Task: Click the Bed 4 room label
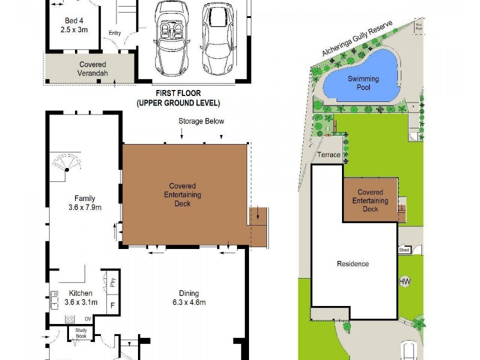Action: [x=74, y=24]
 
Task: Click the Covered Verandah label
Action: [x=92, y=69]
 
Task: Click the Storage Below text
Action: [x=201, y=121]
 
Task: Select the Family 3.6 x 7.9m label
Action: [x=85, y=203]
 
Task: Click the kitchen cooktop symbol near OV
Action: [x=53, y=298]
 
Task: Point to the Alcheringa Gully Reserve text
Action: [x=356, y=40]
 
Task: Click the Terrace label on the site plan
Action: [x=329, y=155]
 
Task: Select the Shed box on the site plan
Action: [x=404, y=250]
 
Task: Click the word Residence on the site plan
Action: [x=353, y=264]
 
